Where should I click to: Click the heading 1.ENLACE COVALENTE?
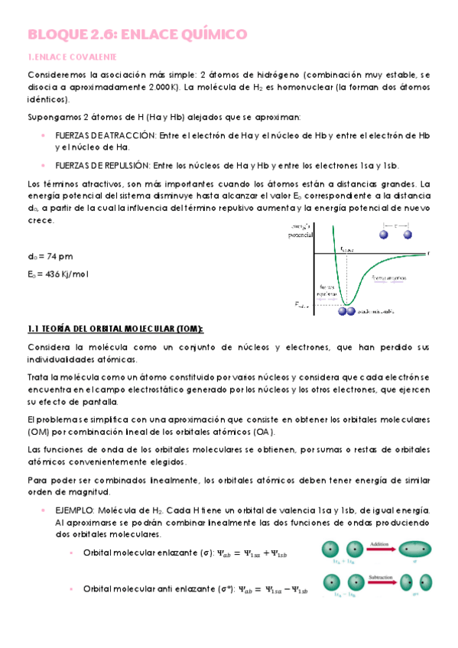tap(72, 57)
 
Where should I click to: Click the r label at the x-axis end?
tap(428, 252)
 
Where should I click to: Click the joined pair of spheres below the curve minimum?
tap(348, 311)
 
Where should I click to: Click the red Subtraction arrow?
tap(380, 582)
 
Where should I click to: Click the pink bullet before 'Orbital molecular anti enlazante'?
tap(70, 589)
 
